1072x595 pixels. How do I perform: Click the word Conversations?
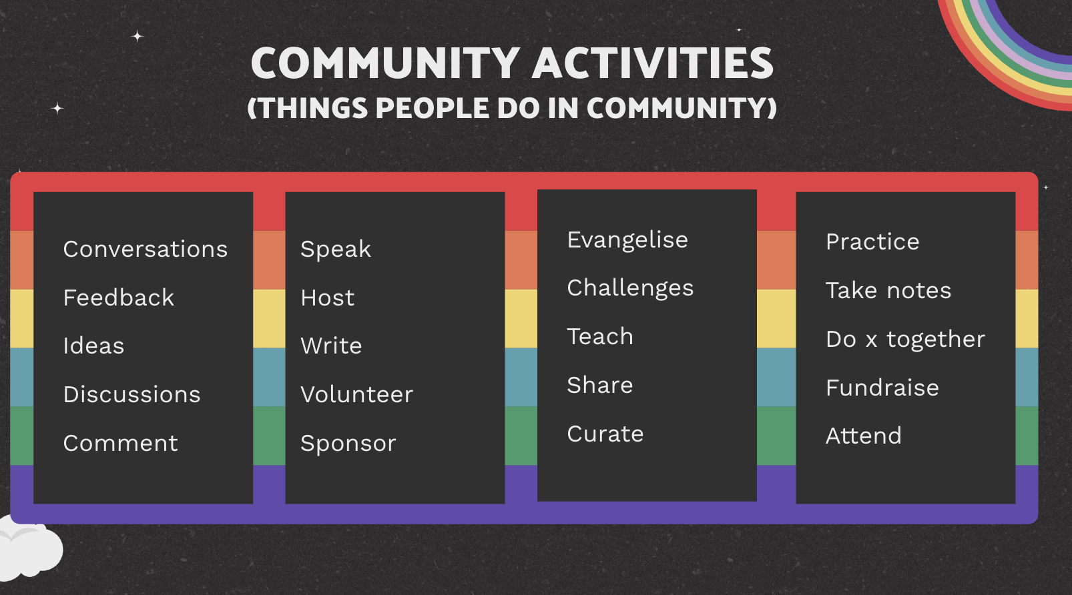click(145, 249)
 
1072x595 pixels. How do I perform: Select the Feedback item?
click(119, 297)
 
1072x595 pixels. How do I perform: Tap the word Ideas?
click(93, 346)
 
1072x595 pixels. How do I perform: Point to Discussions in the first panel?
click(131, 395)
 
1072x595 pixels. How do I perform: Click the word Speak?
click(336, 250)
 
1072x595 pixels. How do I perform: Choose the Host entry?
click(327, 297)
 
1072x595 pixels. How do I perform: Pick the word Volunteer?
click(356, 395)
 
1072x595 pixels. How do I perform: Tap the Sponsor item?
click(348, 444)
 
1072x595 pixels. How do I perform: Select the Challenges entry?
click(630, 289)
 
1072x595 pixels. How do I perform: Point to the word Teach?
click(600, 336)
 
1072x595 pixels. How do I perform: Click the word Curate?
click(605, 434)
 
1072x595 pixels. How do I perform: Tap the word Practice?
click(872, 241)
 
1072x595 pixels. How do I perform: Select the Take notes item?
click(888, 290)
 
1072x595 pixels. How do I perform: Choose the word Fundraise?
click(882, 388)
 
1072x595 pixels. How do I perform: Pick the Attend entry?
click(863, 436)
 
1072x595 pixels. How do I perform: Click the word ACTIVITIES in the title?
click(653, 63)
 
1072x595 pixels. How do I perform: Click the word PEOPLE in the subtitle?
click(433, 107)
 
